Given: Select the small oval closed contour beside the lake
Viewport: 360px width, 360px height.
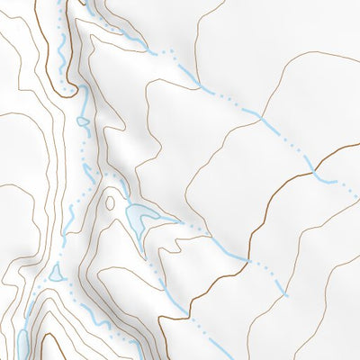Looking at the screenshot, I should tap(111, 202).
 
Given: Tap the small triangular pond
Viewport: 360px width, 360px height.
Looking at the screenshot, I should tap(55, 272).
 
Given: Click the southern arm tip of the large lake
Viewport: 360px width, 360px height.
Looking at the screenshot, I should tap(142, 239).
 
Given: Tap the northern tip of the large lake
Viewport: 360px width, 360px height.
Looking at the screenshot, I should tap(131, 206).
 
